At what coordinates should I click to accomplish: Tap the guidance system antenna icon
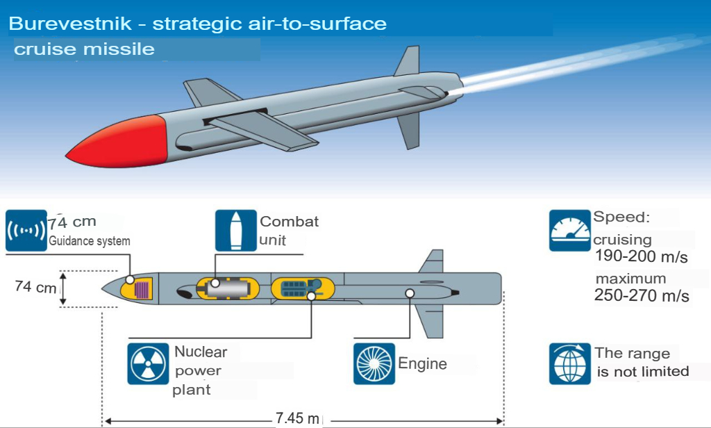(x=26, y=231)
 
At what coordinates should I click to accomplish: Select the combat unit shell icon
(x=236, y=231)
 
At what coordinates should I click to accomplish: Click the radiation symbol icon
(x=149, y=363)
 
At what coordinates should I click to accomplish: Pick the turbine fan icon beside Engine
(x=374, y=363)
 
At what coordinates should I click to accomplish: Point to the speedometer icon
(x=570, y=231)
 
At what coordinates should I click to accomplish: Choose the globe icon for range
(x=570, y=363)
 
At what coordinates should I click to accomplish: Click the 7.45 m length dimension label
(x=297, y=418)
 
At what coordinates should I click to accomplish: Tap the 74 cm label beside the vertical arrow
(x=35, y=287)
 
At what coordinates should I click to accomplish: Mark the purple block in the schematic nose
(x=142, y=290)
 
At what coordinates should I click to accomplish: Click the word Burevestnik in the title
(x=70, y=24)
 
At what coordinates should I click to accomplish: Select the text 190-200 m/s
(x=642, y=256)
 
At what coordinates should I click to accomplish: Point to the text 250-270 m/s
(x=642, y=295)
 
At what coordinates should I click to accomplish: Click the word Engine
(x=423, y=364)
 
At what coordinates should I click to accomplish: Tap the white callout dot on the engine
(x=410, y=294)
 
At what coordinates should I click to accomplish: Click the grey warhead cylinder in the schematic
(x=228, y=288)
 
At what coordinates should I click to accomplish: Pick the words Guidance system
(x=90, y=241)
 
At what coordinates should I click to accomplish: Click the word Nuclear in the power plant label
(x=201, y=352)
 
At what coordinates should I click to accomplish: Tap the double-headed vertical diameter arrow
(x=63, y=288)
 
